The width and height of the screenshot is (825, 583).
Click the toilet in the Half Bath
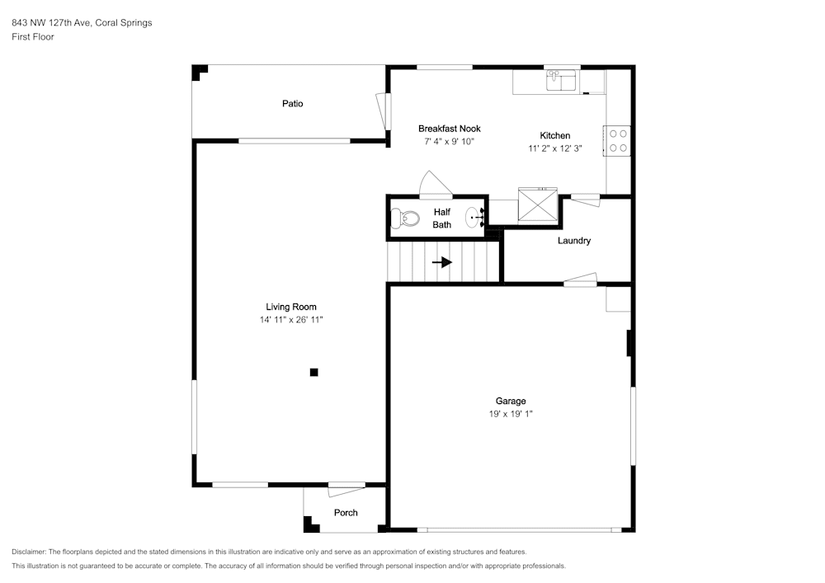[404, 219]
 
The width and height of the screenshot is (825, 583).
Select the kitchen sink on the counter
[561, 81]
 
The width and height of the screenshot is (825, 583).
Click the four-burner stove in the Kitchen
[617, 141]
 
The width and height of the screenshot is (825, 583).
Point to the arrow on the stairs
[442, 261]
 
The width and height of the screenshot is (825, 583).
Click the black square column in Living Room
[314, 372]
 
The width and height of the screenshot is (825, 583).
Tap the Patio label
[293, 104]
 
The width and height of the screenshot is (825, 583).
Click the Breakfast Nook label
[450, 129]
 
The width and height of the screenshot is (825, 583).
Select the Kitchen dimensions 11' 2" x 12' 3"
[555, 148]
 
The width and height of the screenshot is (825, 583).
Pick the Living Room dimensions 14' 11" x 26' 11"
[291, 320]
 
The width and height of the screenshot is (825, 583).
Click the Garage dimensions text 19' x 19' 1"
[511, 414]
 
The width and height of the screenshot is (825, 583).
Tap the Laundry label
[574, 240]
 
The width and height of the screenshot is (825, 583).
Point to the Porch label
[346, 513]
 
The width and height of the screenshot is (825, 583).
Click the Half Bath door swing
[436, 185]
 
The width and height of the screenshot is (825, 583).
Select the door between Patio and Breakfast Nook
[383, 111]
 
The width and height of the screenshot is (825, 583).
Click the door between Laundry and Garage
[580, 280]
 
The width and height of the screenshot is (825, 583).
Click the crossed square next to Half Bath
[537, 205]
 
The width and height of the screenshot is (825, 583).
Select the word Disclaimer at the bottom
[29, 552]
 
